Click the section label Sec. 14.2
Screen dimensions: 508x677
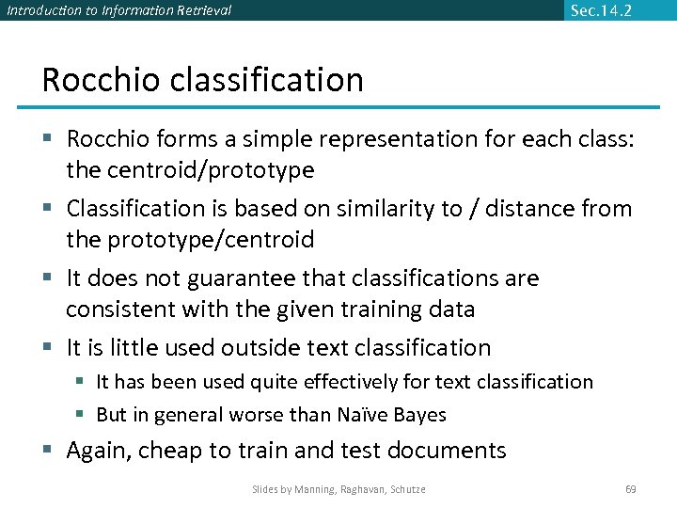coord(601,10)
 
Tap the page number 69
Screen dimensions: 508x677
coord(631,489)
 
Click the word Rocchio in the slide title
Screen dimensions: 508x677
coord(102,80)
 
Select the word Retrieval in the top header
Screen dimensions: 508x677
coord(199,10)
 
